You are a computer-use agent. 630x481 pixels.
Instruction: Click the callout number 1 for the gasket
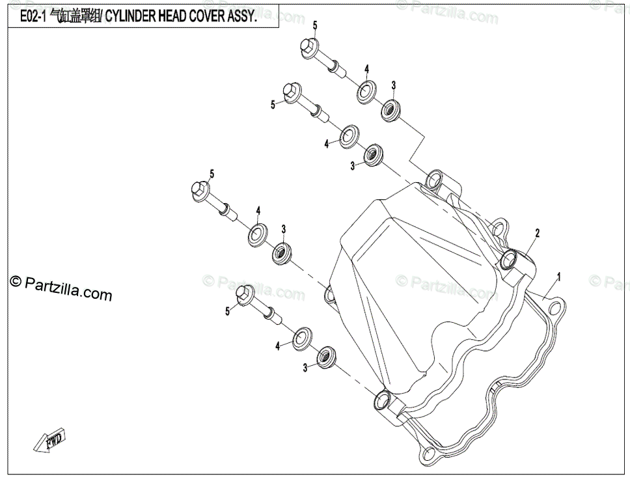tap(558, 277)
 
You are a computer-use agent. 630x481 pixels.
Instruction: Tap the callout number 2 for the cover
tap(538, 232)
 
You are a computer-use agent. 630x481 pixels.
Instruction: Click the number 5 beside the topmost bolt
tap(315, 25)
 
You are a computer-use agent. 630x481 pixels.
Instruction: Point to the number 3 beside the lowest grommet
tap(305, 368)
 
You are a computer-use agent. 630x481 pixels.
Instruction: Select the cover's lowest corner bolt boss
tap(383, 398)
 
